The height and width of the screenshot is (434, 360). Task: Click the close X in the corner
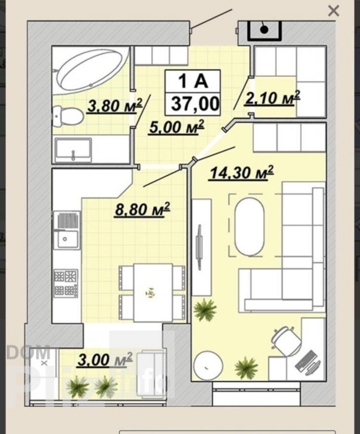tap(333, 11)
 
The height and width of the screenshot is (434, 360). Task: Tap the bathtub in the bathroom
tap(92, 69)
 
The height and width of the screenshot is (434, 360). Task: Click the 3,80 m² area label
tap(115, 106)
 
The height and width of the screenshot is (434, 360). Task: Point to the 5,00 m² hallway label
tap(176, 127)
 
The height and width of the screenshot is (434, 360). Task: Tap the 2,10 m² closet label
tap(272, 98)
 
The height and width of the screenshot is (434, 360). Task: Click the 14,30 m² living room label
tap(242, 172)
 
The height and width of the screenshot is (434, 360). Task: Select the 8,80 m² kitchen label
tap(142, 209)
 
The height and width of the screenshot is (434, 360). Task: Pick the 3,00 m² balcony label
tap(105, 359)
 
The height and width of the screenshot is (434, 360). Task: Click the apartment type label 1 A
tap(193, 81)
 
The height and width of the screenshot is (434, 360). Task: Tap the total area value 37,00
tap(195, 104)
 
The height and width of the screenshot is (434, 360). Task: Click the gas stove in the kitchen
tap(66, 283)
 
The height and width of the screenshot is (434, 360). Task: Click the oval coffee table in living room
tap(250, 227)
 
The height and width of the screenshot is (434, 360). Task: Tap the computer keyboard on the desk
tap(306, 361)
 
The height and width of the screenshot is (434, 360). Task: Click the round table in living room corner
tap(208, 365)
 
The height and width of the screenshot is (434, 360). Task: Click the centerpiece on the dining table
tap(150, 293)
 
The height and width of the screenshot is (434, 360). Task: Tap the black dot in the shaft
tap(264, 29)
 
